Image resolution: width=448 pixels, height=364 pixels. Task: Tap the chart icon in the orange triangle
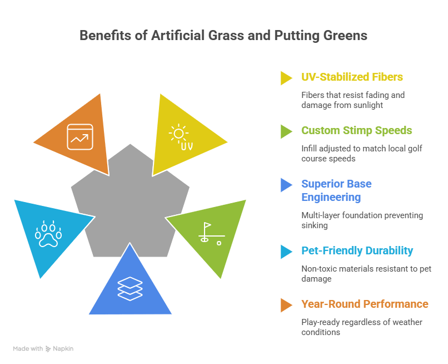[x=81, y=136]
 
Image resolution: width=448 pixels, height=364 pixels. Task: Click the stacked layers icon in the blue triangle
[x=130, y=289]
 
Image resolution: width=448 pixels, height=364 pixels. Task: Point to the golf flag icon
[x=210, y=234]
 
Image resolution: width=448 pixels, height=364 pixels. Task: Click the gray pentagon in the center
[x=130, y=200]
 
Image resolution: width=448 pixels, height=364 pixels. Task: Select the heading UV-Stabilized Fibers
[x=352, y=77]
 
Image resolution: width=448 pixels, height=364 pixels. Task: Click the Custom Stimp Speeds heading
[x=356, y=130]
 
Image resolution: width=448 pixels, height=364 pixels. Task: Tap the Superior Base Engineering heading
[x=336, y=190]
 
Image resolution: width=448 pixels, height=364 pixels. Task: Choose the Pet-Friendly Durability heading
[x=357, y=250]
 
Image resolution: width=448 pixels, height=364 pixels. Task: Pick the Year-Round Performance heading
[x=365, y=304]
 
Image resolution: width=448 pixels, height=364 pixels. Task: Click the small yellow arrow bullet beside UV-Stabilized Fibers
[x=286, y=78]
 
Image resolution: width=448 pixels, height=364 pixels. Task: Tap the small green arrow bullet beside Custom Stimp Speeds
[x=286, y=131]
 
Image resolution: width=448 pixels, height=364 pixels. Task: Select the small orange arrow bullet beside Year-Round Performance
[x=286, y=305]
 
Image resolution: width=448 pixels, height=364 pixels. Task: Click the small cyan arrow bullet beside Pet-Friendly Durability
[x=286, y=252]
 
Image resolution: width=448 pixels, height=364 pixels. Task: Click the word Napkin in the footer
[x=63, y=348]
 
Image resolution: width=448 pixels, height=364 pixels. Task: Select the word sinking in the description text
[x=313, y=225]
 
